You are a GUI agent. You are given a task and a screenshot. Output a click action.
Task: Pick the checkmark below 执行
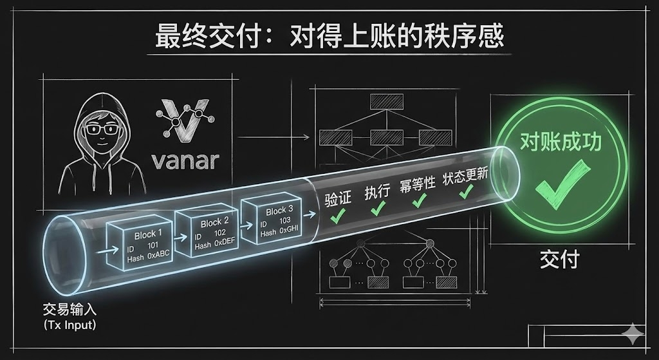click(378, 207)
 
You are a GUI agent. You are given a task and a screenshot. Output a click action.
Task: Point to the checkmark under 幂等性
click(419, 200)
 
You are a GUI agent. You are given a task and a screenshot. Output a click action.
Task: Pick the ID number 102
click(220, 234)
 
